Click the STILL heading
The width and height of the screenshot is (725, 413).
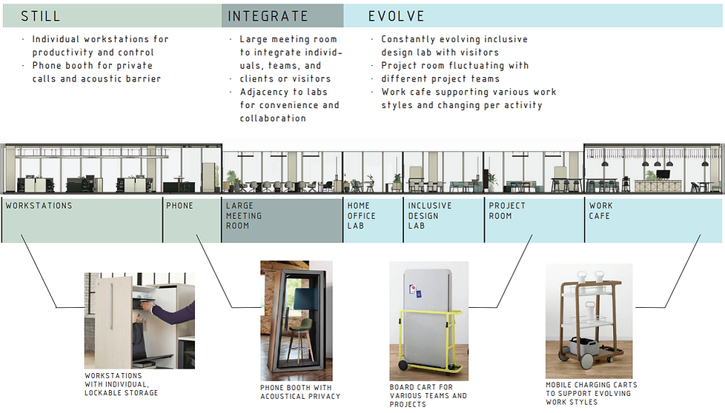[40, 16]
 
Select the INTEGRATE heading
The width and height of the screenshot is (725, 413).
[268, 16]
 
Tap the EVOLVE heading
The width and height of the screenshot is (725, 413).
[396, 16]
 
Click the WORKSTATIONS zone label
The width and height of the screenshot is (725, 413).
[39, 206]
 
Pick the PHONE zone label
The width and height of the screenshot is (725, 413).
[179, 206]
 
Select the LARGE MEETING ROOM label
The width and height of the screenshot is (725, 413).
[244, 215]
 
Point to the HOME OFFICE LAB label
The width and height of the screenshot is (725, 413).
[362, 215]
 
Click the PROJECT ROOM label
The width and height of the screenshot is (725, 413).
[507, 211]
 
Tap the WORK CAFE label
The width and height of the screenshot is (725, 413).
[601, 211]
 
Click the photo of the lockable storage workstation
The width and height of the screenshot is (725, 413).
[139, 320]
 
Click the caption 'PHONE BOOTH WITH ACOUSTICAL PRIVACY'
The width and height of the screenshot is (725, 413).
[296, 392]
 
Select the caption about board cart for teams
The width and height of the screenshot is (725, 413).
[428, 395]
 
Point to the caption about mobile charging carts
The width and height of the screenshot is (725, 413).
[591, 393]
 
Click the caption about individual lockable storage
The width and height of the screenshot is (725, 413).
[122, 384]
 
